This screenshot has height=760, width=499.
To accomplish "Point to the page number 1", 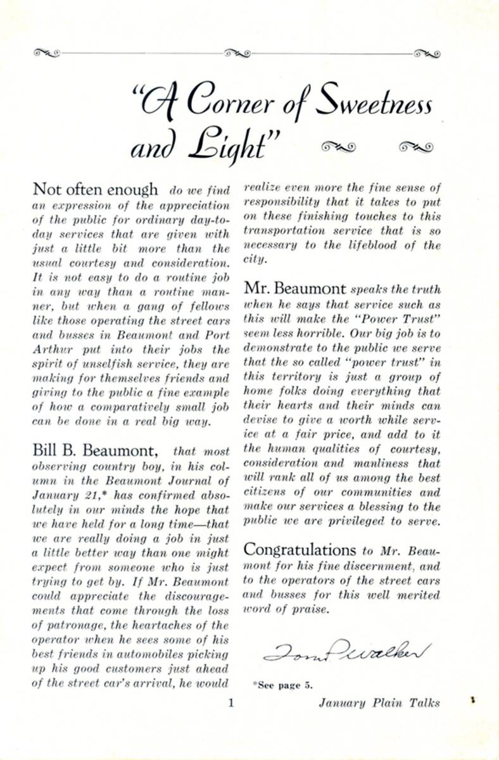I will (231, 702).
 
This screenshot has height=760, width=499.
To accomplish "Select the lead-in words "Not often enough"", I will (95, 189).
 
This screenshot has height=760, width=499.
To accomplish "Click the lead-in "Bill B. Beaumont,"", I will (94, 451).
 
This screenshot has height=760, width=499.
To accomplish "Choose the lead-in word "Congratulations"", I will (300, 549).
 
